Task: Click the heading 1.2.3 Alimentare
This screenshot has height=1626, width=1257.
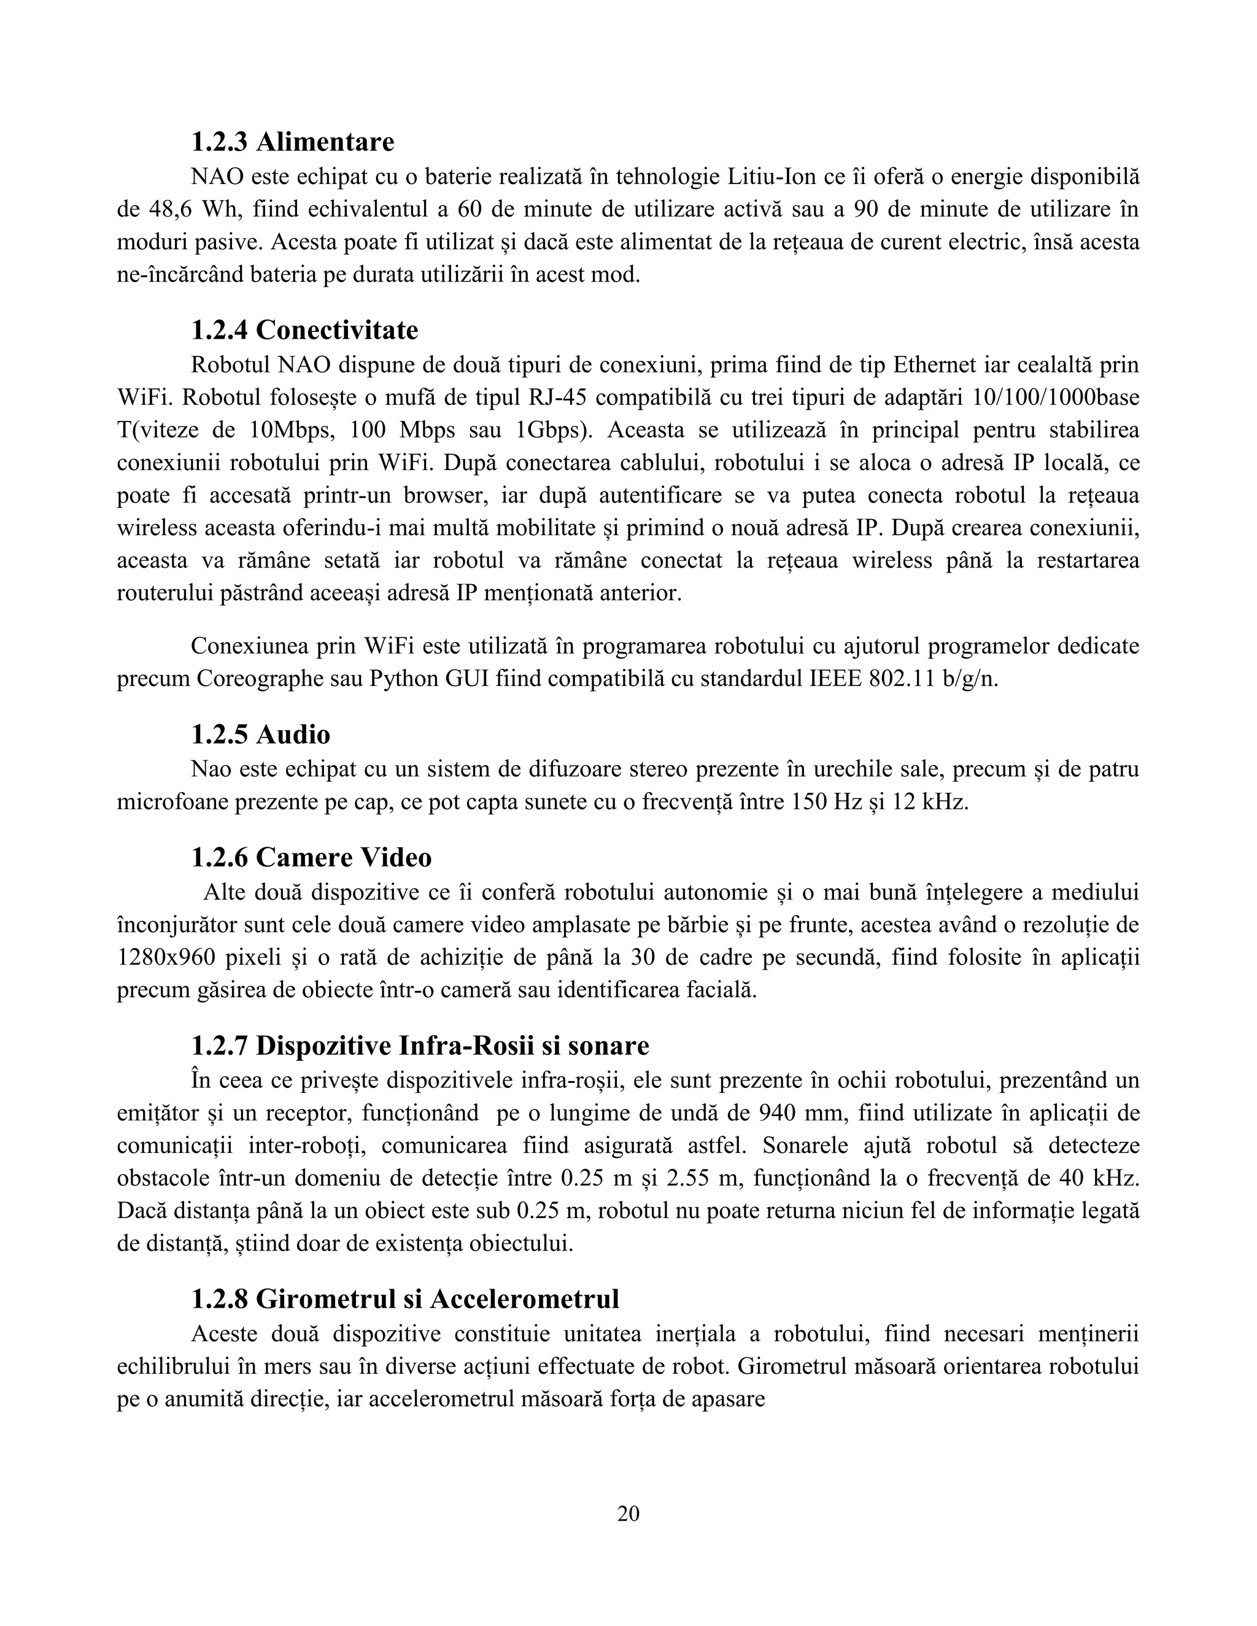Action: point(293,142)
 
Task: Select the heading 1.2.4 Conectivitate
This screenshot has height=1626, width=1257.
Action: point(304,330)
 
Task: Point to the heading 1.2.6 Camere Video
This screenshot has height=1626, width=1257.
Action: point(311,857)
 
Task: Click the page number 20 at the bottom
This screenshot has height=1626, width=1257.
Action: point(628,1514)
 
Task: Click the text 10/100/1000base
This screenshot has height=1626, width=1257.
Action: point(1056,398)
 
